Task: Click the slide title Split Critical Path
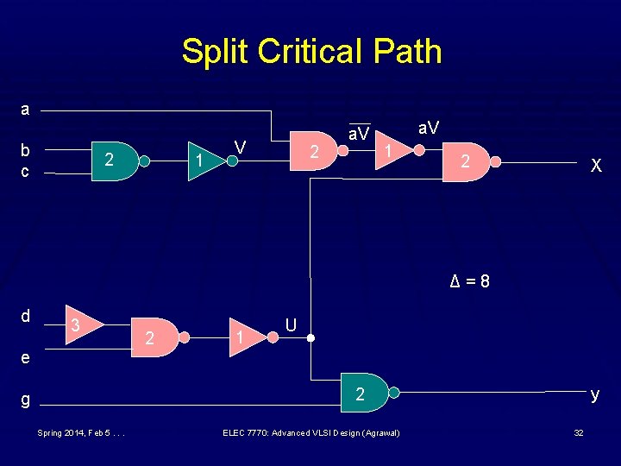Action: [311, 52]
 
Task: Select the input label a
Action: [25, 110]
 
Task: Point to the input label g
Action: [25, 400]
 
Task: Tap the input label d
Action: [25, 316]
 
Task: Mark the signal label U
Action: [292, 325]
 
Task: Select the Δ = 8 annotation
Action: [471, 281]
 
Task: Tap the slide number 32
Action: [579, 432]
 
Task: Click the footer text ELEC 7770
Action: [310, 432]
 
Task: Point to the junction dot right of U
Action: [311, 337]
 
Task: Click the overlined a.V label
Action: [359, 134]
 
